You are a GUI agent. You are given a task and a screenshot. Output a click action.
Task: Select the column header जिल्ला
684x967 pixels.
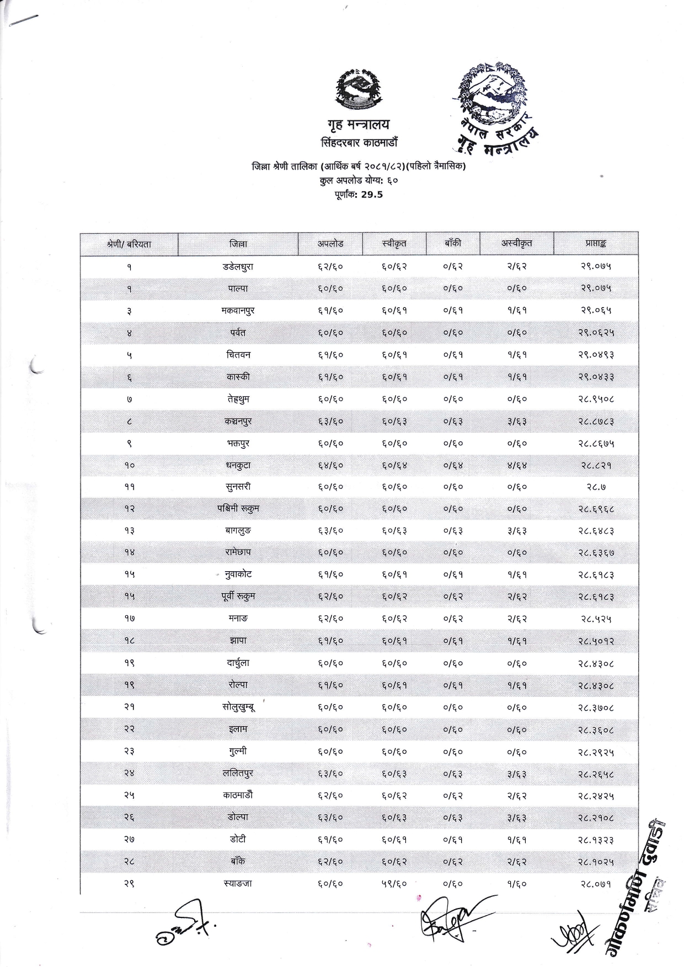coord(238,244)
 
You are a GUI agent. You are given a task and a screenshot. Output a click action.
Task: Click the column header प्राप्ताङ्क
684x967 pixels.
coord(596,244)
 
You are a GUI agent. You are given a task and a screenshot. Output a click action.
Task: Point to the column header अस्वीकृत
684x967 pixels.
coord(516,244)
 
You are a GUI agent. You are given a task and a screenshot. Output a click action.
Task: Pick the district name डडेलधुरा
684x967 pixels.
coord(238,267)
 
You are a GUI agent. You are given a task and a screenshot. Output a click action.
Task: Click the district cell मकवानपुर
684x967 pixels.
coord(238,311)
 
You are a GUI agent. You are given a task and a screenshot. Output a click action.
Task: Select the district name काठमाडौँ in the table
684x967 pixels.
coord(238,796)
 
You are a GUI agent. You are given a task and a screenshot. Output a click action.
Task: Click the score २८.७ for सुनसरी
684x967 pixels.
coord(596,487)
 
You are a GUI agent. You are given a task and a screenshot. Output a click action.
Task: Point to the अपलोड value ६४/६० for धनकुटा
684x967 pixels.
coord(330,465)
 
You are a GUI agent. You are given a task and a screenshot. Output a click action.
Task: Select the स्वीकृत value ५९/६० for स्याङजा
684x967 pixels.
coord(394,884)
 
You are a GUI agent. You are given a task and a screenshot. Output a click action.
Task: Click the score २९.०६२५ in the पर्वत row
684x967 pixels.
coord(596,333)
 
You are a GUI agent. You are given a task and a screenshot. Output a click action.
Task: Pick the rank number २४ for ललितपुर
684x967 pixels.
coord(129,773)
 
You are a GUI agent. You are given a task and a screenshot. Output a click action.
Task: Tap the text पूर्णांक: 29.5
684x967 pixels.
coord(359,194)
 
